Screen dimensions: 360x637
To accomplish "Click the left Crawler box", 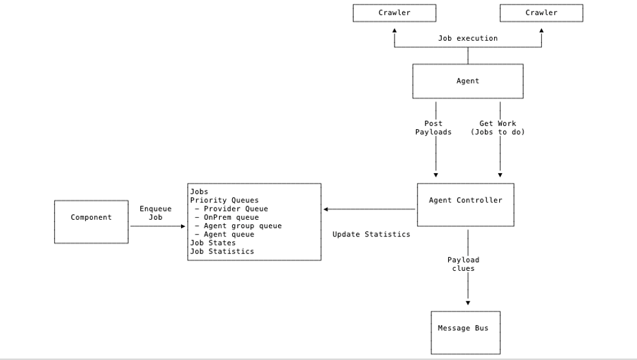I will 394,13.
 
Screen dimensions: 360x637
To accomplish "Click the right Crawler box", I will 541,13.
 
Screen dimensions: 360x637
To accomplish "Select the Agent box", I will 468,81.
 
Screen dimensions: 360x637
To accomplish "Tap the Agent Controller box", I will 465,204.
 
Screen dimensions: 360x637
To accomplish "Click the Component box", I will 91,221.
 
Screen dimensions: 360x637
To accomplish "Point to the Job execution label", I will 468,38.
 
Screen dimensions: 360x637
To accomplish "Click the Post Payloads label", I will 433,127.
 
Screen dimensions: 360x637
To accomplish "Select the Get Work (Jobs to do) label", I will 497,127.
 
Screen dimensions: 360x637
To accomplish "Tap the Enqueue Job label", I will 156,213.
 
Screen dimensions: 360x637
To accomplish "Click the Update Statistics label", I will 371,234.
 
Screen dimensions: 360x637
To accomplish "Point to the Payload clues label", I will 463,264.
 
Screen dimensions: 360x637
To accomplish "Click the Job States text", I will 213,242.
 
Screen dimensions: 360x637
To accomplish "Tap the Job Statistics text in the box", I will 222,251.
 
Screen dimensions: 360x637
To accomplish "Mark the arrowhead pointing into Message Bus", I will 468,302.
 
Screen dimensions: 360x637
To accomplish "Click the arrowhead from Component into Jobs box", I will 183,226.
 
